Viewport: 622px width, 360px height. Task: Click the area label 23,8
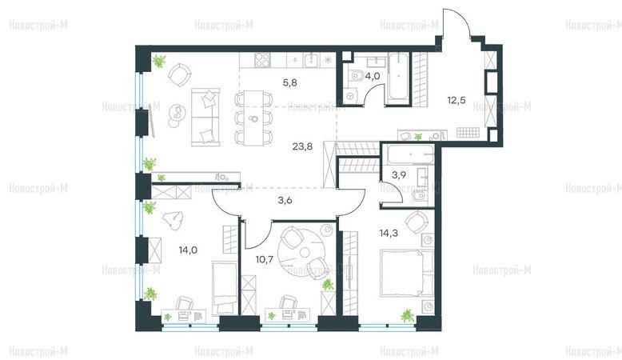pos(302,147)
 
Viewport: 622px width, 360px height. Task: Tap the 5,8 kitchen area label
pos(290,83)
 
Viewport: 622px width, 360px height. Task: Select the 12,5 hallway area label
pos(457,100)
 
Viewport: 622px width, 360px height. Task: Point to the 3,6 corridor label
pos(285,201)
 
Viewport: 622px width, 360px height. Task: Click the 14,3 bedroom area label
pos(389,233)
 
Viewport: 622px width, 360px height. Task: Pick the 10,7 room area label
pos(264,259)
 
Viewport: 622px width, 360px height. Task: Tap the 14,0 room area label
pos(188,250)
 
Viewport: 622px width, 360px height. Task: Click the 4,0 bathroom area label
pos(373,76)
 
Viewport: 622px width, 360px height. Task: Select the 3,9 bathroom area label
pos(399,175)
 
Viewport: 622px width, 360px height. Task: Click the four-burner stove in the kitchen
pos(262,60)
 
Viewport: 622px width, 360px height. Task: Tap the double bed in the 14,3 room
pos(407,273)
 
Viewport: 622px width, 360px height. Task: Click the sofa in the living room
pos(205,118)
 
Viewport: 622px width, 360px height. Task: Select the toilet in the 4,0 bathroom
pos(356,74)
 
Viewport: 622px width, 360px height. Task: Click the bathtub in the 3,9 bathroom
pos(411,154)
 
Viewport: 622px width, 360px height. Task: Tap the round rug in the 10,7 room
pos(303,252)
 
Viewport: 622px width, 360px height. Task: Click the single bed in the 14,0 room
pos(225,288)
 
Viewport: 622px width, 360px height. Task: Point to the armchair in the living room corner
pos(180,74)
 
